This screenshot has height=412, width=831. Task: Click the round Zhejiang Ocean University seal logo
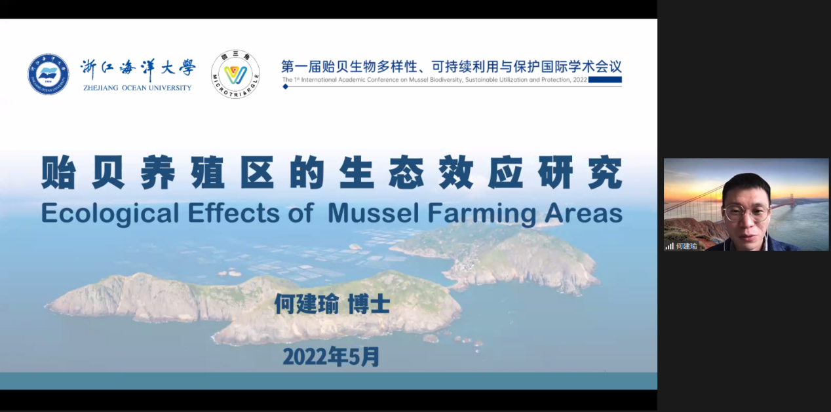coord(48,74)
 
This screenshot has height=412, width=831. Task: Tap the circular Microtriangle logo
coord(235,74)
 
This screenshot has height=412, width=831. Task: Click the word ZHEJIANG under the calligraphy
coord(100,88)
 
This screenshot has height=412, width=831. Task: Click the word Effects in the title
coord(234,213)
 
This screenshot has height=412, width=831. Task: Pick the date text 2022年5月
coord(332,357)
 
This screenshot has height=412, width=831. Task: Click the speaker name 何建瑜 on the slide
coord(307,304)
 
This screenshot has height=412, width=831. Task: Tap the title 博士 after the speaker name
coord(369,304)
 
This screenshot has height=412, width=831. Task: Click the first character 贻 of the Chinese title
coord(58,173)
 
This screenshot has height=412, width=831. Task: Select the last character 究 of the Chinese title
coord(606,173)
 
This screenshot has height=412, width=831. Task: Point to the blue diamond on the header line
coord(285,86)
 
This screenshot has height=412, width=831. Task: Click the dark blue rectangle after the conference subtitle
coord(605,79)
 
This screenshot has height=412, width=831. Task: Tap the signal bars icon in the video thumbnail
coord(669,246)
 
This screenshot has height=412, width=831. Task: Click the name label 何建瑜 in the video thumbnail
coord(686,246)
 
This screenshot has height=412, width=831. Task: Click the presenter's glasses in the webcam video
coord(746,212)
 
